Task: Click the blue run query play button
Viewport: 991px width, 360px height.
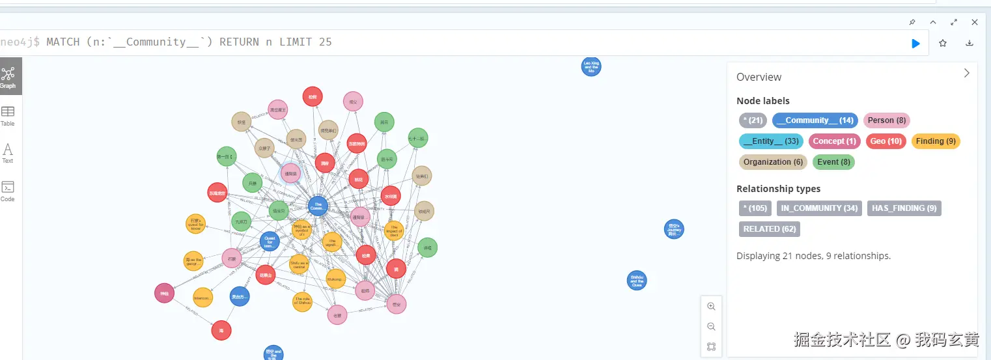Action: click(x=915, y=44)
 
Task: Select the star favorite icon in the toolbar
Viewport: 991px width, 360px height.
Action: click(x=943, y=44)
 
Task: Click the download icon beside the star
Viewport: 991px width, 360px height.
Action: click(x=970, y=44)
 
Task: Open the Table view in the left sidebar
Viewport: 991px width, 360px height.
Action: click(x=8, y=115)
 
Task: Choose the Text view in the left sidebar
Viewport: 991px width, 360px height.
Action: click(x=8, y=153)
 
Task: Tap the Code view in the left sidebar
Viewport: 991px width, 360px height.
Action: click(x=8, y=191)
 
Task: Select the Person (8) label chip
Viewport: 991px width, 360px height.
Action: click(x=886, y=120)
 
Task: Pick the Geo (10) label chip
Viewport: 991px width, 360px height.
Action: click(x=886, y=141)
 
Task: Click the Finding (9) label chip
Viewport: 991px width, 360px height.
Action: click(x=935, y=141)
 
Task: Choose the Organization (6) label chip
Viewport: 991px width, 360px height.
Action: click(x=773, y=162)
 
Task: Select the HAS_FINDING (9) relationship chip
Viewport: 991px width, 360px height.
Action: click(x=904, y=208)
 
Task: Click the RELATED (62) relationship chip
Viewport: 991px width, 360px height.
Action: click(x=769, y=229)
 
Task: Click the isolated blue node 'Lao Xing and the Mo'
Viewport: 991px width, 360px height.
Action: click(x=591, y=66)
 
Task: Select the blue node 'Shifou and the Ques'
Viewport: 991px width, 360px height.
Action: click(x=637, y=281)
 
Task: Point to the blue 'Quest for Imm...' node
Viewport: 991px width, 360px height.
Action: click(x=270, y=242)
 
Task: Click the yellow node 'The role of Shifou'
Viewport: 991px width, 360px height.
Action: click(x=302, y=302)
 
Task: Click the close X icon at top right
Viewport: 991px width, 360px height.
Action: click(x=975, y=22)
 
